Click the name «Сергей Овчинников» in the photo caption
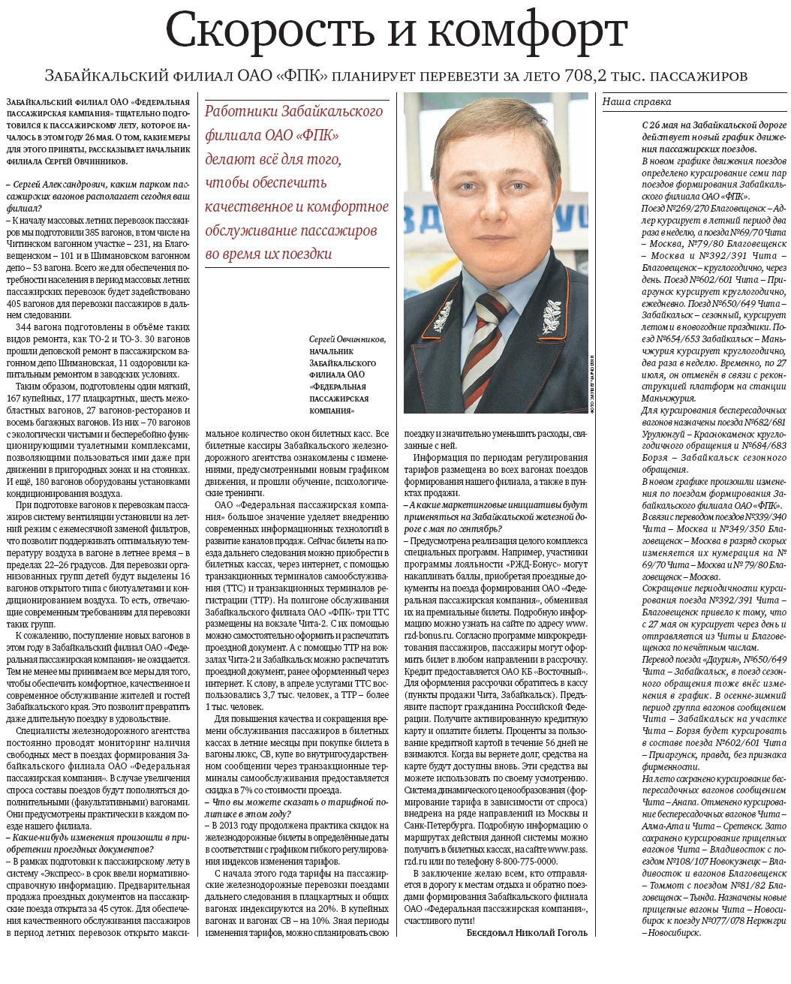347,339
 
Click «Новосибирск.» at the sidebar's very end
673,932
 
